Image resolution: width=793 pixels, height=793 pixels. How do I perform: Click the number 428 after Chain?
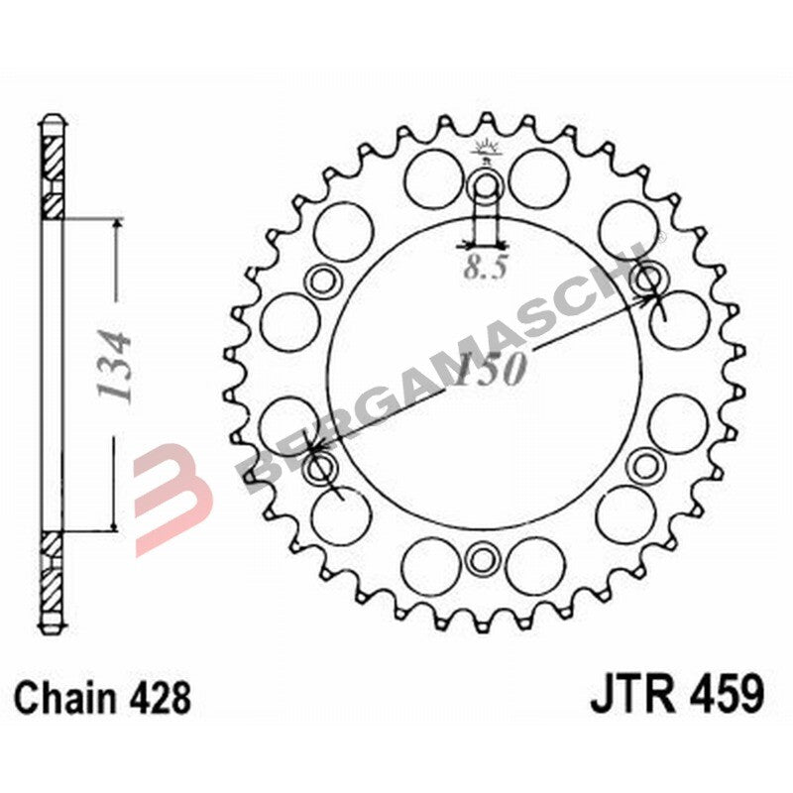tap(161, 698)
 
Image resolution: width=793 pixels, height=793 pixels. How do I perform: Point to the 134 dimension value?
tap(116, 365)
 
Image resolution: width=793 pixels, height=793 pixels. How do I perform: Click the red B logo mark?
tap(174, 486)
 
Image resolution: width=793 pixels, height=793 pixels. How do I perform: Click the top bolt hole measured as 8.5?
tap(486, 185)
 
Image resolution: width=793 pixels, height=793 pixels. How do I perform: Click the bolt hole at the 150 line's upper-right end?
tap(650, 279)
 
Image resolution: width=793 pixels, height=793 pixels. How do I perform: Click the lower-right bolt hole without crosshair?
tap(645, 464)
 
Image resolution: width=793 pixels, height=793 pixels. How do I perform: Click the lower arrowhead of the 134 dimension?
tap(116, 525)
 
